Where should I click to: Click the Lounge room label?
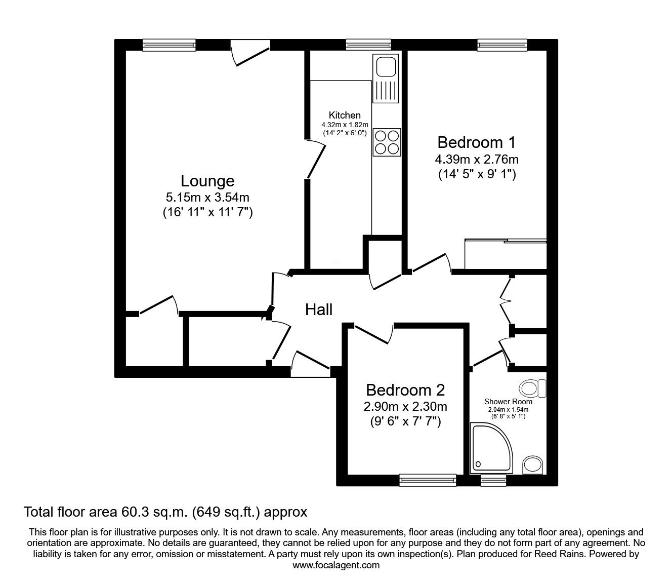tap(207, 181)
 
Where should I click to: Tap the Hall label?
tap(319, 309)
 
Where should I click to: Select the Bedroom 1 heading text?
tap(477, 142)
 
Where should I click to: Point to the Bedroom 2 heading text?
tap(405, 390)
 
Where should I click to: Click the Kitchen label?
tap(345, 115)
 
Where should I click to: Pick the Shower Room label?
tap(508, 402)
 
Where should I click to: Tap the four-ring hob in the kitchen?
tap(387, 142)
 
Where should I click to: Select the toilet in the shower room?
tap(532, 388)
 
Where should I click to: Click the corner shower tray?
tap(491, 448)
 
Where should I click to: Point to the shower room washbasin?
tap(532, 464)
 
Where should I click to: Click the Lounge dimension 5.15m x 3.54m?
tap(207, 197)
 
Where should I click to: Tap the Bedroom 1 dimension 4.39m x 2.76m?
tap(477, 160)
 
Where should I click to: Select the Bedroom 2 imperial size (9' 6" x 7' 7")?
tap(405, 422)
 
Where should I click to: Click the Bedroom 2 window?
tap(428, 480)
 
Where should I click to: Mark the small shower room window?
tap(493, 480)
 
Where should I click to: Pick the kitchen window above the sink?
tap(368, 45)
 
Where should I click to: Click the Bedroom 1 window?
tap(502, 45)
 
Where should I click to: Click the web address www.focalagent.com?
tap(336, 565)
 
